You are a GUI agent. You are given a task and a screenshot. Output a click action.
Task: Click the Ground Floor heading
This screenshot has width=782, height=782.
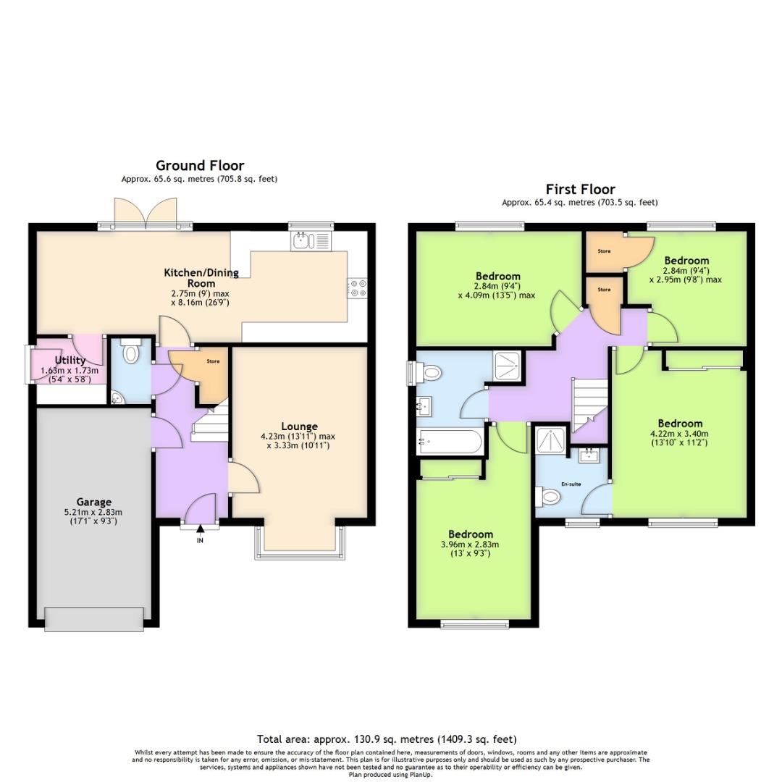click(x=200, y=166)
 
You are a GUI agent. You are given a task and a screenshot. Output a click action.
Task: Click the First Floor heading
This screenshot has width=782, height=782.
click(x=580, y=190)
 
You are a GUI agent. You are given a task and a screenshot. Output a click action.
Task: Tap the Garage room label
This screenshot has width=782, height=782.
click(x=94, y=502)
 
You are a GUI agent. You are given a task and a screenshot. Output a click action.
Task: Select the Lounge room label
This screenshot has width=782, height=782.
click(x=300, y=426)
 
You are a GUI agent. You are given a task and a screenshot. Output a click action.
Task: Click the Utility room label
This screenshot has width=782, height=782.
click(x=70, y=360)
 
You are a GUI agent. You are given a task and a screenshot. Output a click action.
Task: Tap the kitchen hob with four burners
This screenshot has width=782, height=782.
click(x=358, y=287)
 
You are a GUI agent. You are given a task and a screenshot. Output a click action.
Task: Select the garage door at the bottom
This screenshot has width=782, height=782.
click(x=94, y=619)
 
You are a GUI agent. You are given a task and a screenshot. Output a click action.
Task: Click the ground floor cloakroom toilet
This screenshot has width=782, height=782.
click(x=131, y=352)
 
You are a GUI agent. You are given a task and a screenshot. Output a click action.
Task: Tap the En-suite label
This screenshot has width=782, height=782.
click(x=570, y=483)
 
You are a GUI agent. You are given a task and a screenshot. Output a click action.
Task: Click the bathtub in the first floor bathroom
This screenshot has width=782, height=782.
click(x=450, y=442)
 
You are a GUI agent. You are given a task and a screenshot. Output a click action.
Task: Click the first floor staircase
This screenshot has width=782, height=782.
click(x=589, y=405)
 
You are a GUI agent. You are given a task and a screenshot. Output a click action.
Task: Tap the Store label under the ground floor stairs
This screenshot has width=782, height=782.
click(x=212, y=361)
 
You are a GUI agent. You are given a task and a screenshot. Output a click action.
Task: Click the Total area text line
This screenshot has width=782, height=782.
click(x=387, y=739)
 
